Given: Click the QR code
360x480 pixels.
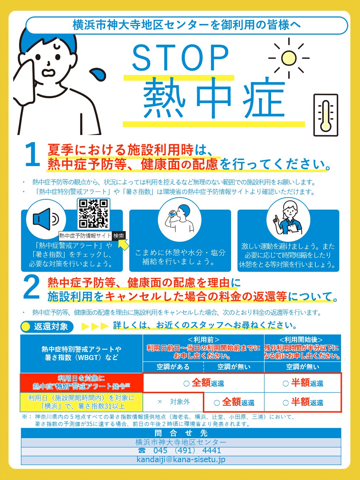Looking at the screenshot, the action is pos(93,214).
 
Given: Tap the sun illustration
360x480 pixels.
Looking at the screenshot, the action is pos(289,58).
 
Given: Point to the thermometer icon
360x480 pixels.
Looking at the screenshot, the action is pos(326,115).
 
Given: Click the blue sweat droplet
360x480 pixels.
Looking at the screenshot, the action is pos(99,75).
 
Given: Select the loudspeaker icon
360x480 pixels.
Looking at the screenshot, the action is pos(46,219).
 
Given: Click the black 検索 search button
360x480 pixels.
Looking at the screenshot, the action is pos(119,236).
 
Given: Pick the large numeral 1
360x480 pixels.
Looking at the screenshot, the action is pos(32,154).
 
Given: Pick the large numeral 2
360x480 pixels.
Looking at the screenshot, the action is pos(31,287).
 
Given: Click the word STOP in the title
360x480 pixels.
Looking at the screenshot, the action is pos(181,57).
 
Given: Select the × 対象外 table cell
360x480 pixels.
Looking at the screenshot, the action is pos(173,402).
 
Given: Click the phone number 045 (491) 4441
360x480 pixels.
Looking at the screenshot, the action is pos(180,450).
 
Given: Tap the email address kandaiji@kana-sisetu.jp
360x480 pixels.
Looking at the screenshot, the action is pos(181,459).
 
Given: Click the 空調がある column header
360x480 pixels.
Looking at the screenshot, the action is pos(173,367).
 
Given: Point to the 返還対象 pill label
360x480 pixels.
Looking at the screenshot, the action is pos(47,327).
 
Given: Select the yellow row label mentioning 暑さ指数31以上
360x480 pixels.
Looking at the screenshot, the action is pos(81,402).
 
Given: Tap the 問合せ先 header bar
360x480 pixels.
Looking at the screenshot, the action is pos(181,433).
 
